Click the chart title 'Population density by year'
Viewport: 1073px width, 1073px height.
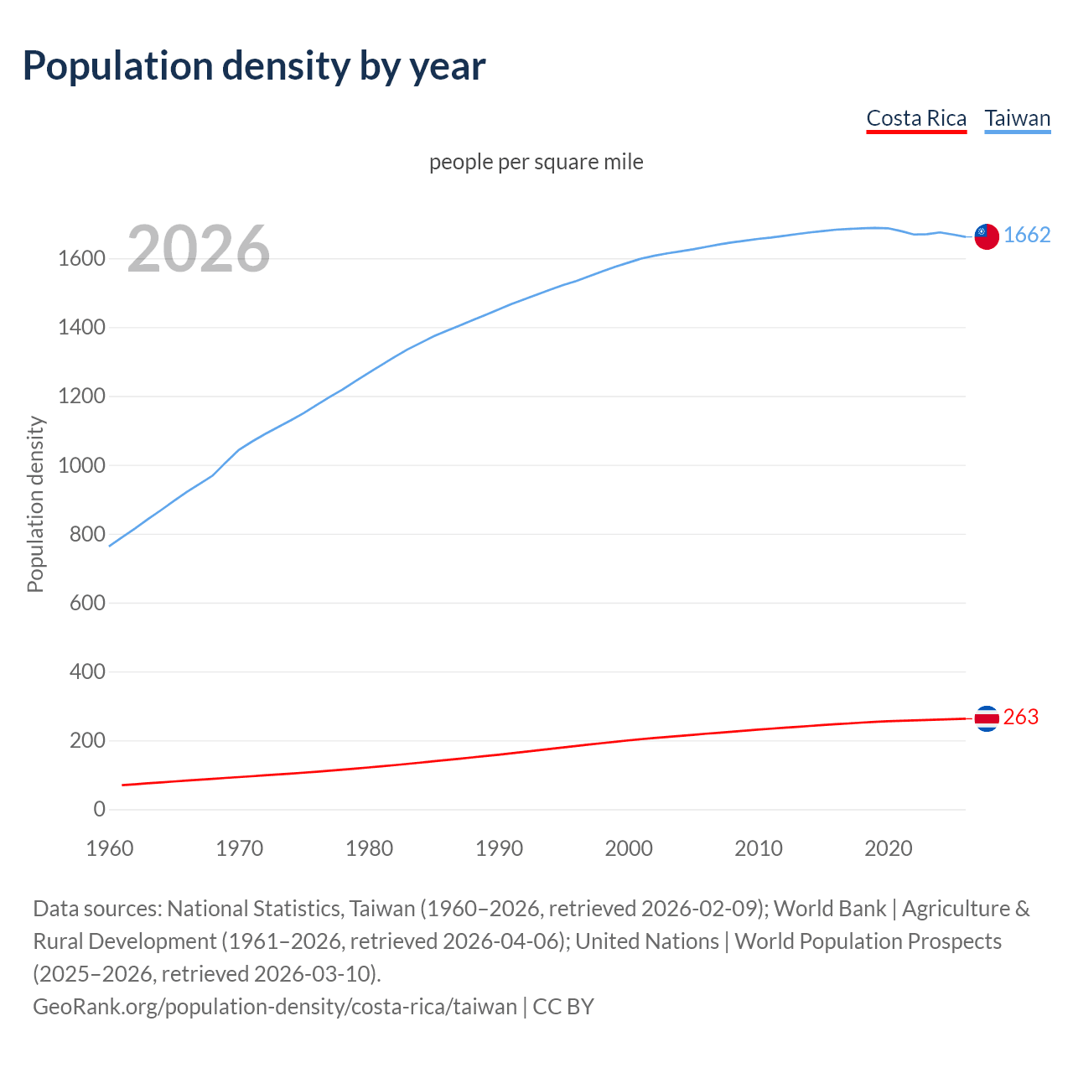pyautogui.click(x=254, y=66)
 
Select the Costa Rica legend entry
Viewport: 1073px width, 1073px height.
pyautogui.click(x=916, y=118)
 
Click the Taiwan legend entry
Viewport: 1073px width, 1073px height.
pyautogui.click(x=1017, y=118)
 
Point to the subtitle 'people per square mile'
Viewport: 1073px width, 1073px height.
pyautogui.click(x=536, y=162)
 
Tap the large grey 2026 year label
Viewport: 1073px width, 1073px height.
pyautogui.click(x=199, y=249)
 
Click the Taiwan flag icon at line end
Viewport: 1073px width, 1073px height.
pyautogui.click(x=986, y=236)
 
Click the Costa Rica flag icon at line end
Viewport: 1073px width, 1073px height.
pyautogui.click(x=986, y=718)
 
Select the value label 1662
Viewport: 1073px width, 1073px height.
pyautogui.click(x=1027, y=236)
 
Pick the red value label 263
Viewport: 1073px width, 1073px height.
pyautogui.click(x=1020, y=718)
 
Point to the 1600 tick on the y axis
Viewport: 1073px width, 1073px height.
pyautogui.click(x=81, y=259)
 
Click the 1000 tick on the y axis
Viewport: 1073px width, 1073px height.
pyautogui.click(x=81, y=466)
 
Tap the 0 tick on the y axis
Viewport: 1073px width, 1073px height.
pyautogui.click(x=100, y=810)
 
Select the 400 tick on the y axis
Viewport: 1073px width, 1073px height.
pyautogui.click(x=87, y=672)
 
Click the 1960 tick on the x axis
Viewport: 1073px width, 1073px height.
pyautogui.click(x=110, y=848)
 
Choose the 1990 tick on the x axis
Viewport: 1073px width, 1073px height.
pyautogui.click(x=499, y=848)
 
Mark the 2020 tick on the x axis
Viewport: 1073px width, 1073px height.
pyautogui.click(x=888, y=848)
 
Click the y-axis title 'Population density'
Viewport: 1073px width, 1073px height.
pyautogui.click(x=35, y=504)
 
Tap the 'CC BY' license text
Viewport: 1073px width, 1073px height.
pyautogui.click(x=563, y=1007)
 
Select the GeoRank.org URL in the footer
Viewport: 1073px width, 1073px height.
pyautogui.click(x=274, y=1007)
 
